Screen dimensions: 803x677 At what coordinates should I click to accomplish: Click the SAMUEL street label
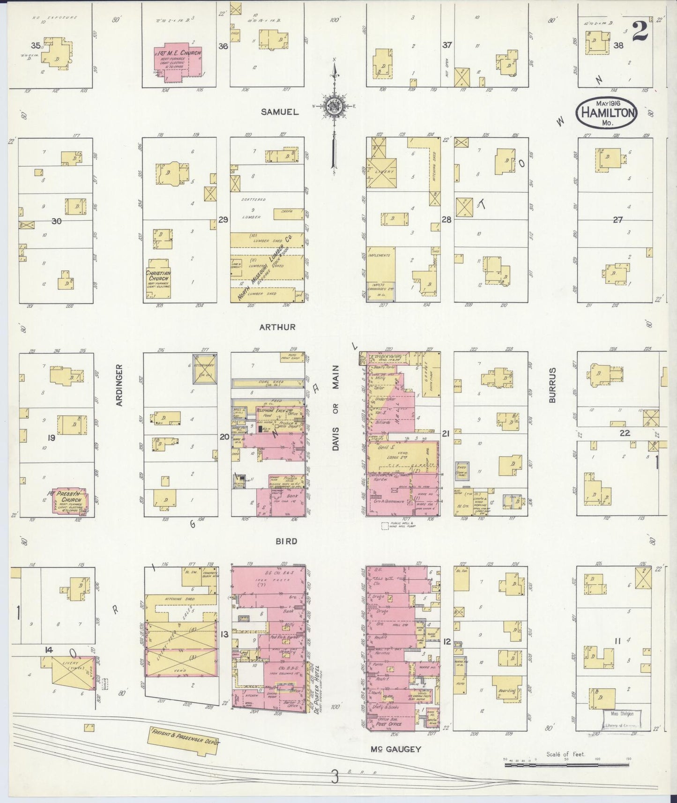[x=280, y=112]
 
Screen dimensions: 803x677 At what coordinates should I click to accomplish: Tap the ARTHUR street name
[x=278, y=327]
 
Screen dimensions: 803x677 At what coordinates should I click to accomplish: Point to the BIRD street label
[x=286, y=541]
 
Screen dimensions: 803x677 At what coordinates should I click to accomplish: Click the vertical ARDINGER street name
[x=119, y=385]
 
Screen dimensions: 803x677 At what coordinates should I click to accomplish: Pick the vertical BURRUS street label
[x=552, y=385]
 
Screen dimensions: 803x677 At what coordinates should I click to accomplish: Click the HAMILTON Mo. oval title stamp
[x=607, y=113]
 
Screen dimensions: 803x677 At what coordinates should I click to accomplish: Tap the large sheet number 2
[x=640, y=33]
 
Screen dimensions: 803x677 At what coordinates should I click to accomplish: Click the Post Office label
[x=388, y=724]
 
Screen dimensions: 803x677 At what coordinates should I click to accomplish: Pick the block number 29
[x=223, y=219]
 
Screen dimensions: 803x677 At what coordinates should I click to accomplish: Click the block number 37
[x=447, y=45]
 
